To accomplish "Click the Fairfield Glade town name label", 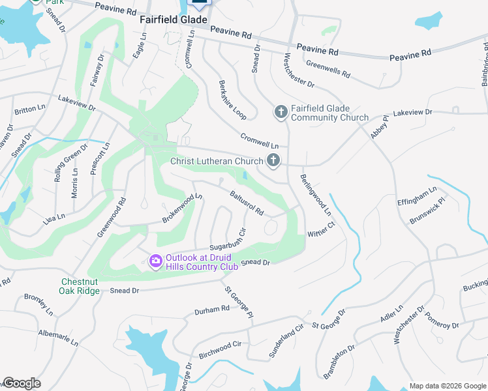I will coord(173,20).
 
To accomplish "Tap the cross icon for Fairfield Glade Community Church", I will coord(281,112).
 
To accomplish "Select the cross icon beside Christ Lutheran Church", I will coord(274,160).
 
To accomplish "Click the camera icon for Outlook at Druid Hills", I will coord(155,261).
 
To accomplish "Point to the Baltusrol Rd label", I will coord(246,203).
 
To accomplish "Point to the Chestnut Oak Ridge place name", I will coord(80,286).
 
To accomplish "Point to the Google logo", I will coord(22,383).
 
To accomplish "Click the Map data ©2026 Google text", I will coord(447,386).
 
